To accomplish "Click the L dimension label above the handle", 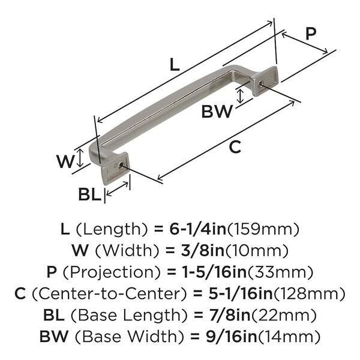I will (173, 65).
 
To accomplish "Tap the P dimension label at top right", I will (310, 34).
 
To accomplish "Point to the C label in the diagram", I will (236, 146).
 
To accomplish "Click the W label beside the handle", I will (65, 161).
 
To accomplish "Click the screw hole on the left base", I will (121, 165).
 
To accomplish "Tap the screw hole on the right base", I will (260, 84).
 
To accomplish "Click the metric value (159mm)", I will (265, 229).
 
